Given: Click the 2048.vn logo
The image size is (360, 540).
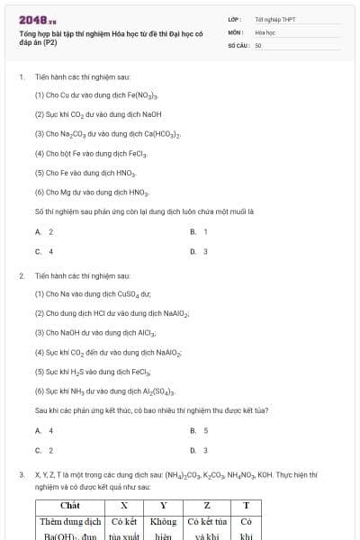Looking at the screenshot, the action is pyautogui.click(x=37, y=20).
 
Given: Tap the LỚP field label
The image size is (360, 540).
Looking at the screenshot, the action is pyautogui.click(x=234, y=19).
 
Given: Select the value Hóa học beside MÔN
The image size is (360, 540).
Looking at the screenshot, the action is pyautogui.click(x=264, y=31).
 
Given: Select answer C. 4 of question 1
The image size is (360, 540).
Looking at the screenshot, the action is pyautogui.click(x=44, y=252).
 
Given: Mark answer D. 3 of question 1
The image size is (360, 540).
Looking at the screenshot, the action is pyautogui.click(x=199, y=252).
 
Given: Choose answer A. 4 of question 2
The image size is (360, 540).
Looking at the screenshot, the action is pyautogui.click(x=44, y=430).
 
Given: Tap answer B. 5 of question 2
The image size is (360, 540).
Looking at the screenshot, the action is pyautogui.click(x=199, y=430).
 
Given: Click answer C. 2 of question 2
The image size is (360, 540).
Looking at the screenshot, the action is pyautogui.click(x=44, y=450).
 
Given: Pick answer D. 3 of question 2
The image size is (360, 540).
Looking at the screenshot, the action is pyautogui.click(x=199, y=450).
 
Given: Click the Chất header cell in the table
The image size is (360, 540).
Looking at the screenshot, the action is pyautogui.click(x=70, y=505).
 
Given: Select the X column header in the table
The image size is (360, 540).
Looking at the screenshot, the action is pyautogui.click(x=123, y=505).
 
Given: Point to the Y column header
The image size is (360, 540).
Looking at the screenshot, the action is pyautogui.click(x=163, y=505).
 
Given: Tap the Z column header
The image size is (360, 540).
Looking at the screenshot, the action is pyautogui.click(x=207, y=505).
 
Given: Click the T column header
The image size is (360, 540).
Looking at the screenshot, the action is pyautogui.click(x=246, y=505).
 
